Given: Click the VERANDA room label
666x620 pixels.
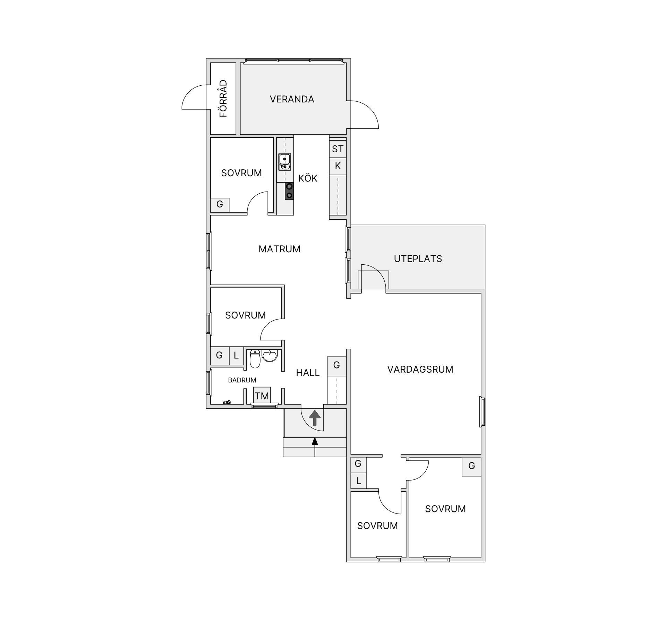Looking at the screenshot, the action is [292, 99].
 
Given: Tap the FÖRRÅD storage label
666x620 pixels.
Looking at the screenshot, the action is [223, 99].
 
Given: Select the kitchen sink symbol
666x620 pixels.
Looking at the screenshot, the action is [284, 162].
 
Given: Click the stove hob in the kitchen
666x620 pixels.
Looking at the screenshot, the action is [289, 191].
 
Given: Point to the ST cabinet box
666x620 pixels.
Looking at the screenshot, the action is [338, 149].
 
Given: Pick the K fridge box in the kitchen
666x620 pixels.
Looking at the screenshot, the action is [338, 166].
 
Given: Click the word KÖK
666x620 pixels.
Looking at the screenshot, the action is [308, 178].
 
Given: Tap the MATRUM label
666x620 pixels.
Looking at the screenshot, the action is [279, 249].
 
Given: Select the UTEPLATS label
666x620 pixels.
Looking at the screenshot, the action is [418, 258].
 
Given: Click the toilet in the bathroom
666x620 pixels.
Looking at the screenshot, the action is [255, 359].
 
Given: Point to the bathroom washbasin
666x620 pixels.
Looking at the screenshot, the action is [270, 356].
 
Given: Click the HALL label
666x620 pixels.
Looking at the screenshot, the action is [308, 373].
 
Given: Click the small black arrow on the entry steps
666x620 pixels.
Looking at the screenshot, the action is [315, 441].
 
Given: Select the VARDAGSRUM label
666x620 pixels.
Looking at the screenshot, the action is [420, 369].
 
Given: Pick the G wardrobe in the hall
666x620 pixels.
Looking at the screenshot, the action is [336, 365].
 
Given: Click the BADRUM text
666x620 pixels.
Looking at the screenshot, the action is [242, 380].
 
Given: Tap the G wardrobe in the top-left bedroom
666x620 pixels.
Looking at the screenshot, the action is [220, 204].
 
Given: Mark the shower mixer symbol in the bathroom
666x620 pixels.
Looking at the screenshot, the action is [227, 402].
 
